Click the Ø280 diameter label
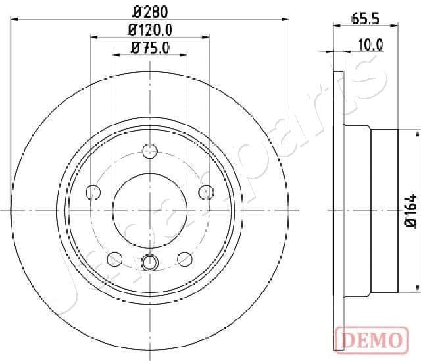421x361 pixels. point(150,11)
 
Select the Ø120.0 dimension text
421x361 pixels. point(150,30)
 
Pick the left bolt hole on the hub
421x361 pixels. point(93,192)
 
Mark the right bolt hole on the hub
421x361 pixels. point(207,192)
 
